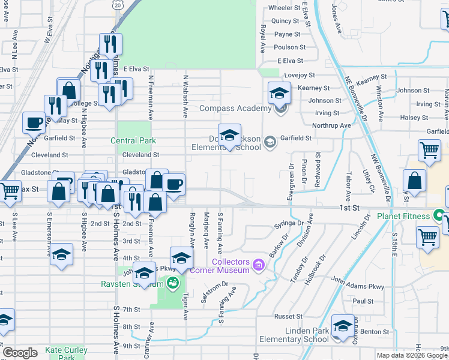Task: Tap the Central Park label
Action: point(133,140)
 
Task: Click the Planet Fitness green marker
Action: point(439,215)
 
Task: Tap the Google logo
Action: point(20,353)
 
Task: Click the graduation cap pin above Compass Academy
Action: point(279,93)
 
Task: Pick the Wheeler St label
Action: point(285,8)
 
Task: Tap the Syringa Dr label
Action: point(289,223)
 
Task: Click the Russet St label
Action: point(288,316)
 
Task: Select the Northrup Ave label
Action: point(331,125)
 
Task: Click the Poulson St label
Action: point(290,47)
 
